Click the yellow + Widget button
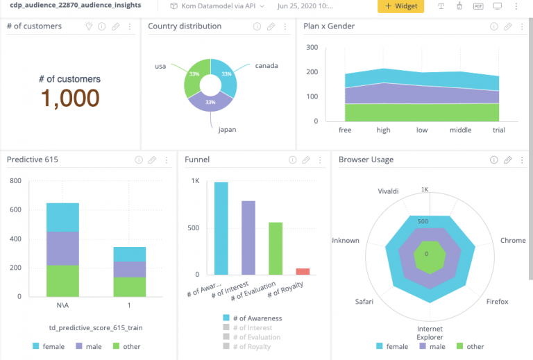pyautogui.click(x=400, y=6)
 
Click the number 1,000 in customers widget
pyautogui.click(x=69, y=98)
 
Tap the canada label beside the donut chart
pyautogui.click(x=266, y=66)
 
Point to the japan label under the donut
pyautogui.click(x=228, y=129)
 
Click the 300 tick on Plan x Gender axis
pyautogui.click(x=312, y=48)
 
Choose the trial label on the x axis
pyautogui.click(x=498, y=130)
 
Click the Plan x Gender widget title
pyautogui.click(x=329, y=26)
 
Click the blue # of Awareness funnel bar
pyautogui.click(x=221, y=228)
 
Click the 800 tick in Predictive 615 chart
pyautogui.click(x=15, y=181)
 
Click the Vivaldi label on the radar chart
pyautogui.click(x=388, y=191)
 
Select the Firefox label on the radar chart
pyautogui.click(x=497, y=302)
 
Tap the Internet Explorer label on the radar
pyautogui.click(x=430, y=333)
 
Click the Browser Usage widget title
pyautogui.click(x=366, y=160)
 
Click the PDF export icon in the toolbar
pyautogui.click(x=478, y=6)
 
